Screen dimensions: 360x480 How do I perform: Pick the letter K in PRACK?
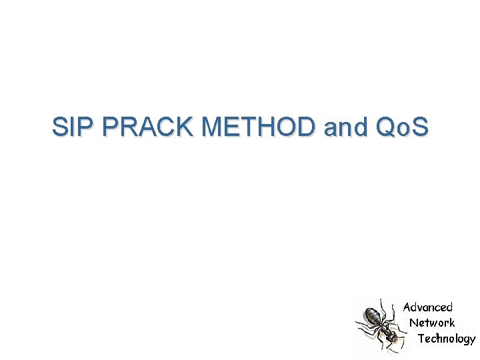click(x=187, y=127)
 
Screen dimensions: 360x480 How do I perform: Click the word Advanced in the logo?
click(x=428, y=307)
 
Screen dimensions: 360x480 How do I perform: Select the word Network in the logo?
click(x=432, y=323)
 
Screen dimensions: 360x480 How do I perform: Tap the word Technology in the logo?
click(x=447, y=339)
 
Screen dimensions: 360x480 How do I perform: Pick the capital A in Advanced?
click(x=407, y=307)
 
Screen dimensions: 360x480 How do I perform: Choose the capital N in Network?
click(x=413, y=323)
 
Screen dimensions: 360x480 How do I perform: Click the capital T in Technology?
click(x=421, y=338)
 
